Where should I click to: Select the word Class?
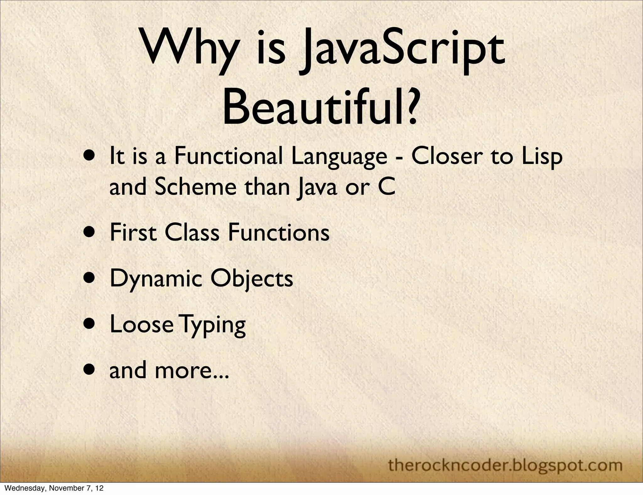click(x=192, y=233)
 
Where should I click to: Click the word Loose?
click(x=142, y=325)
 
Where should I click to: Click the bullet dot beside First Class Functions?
click(x=91, y=233)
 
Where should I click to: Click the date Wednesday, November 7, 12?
click(x=52, y=488)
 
